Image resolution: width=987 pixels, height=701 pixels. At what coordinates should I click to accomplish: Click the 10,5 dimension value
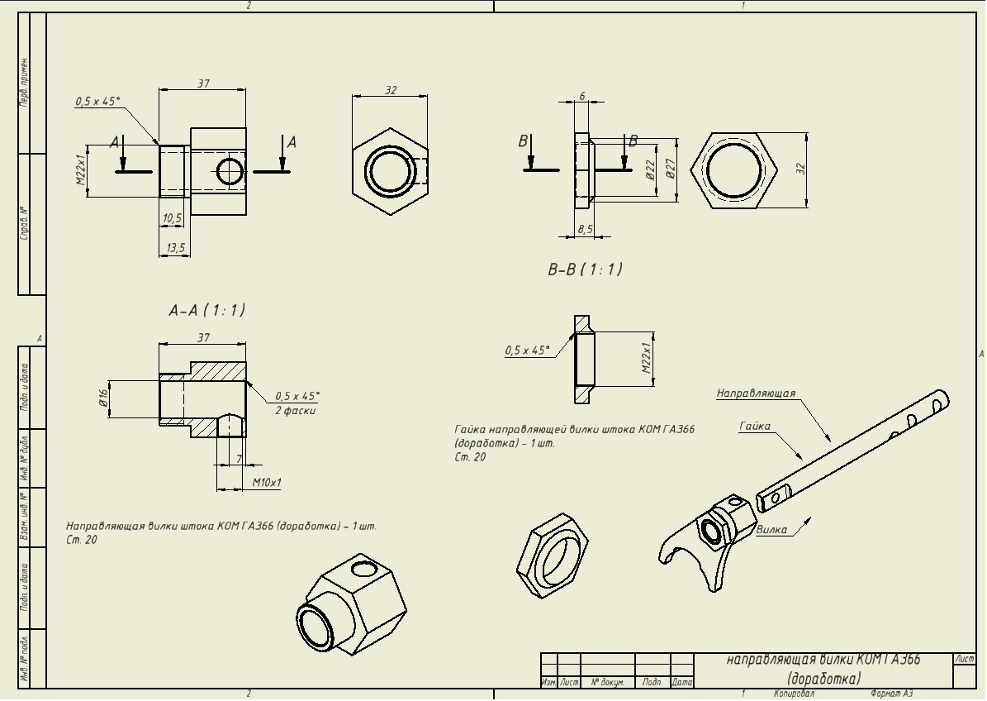pos(173,218)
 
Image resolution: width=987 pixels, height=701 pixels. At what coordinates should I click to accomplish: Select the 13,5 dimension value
pos(175,248)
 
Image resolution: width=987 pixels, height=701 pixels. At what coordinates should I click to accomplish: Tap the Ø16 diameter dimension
pos(104,399)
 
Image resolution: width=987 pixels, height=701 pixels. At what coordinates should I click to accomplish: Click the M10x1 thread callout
pos(267,482)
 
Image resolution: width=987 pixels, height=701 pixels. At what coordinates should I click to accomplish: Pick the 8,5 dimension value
pos(585,230)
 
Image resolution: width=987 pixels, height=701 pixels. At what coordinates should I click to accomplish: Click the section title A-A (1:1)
pos(206,311)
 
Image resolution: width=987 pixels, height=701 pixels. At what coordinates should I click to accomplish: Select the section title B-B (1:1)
pos(585,269)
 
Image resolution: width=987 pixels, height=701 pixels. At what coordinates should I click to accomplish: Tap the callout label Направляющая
pos(756,393)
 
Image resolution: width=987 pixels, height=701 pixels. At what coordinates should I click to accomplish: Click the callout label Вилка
pos(771,530)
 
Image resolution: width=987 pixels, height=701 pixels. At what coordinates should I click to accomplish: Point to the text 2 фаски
pos(296,411)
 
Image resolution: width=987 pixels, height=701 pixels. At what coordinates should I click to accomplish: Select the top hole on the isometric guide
pos(362,569)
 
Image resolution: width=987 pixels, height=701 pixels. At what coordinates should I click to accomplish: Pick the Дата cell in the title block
pos(682,683)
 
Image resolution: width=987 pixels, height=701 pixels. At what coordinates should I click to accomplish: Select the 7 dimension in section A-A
pos(239,458)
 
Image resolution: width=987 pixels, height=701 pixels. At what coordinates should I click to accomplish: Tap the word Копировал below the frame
pos(794,694)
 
